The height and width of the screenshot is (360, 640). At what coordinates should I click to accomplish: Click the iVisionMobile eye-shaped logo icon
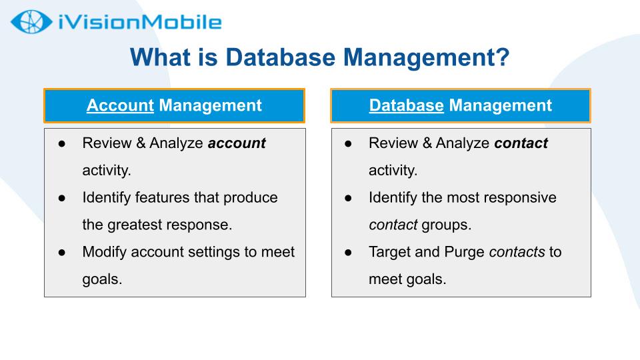coord(31,21)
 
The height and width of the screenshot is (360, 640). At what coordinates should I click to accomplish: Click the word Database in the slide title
coord(281,57)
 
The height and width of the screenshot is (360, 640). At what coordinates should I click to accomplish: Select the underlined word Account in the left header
coord(120,105)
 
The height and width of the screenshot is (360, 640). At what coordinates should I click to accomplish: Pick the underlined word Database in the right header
coord(406,105)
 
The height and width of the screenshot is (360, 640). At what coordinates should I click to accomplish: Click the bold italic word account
coord(237,143)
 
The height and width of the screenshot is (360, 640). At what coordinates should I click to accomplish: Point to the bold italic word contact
coord(521,143)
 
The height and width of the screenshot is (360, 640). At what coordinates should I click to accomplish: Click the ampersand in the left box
coord(141,143)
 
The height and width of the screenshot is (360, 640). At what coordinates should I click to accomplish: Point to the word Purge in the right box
coord(464,252)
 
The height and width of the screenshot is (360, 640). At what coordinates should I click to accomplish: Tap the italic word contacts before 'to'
coord(517,252)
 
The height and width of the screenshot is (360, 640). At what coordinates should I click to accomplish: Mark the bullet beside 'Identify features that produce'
coord(62,199)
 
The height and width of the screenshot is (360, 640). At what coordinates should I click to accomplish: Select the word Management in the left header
coord(210,105)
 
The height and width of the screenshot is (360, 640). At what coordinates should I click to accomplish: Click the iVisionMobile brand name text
coord(140,22)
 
